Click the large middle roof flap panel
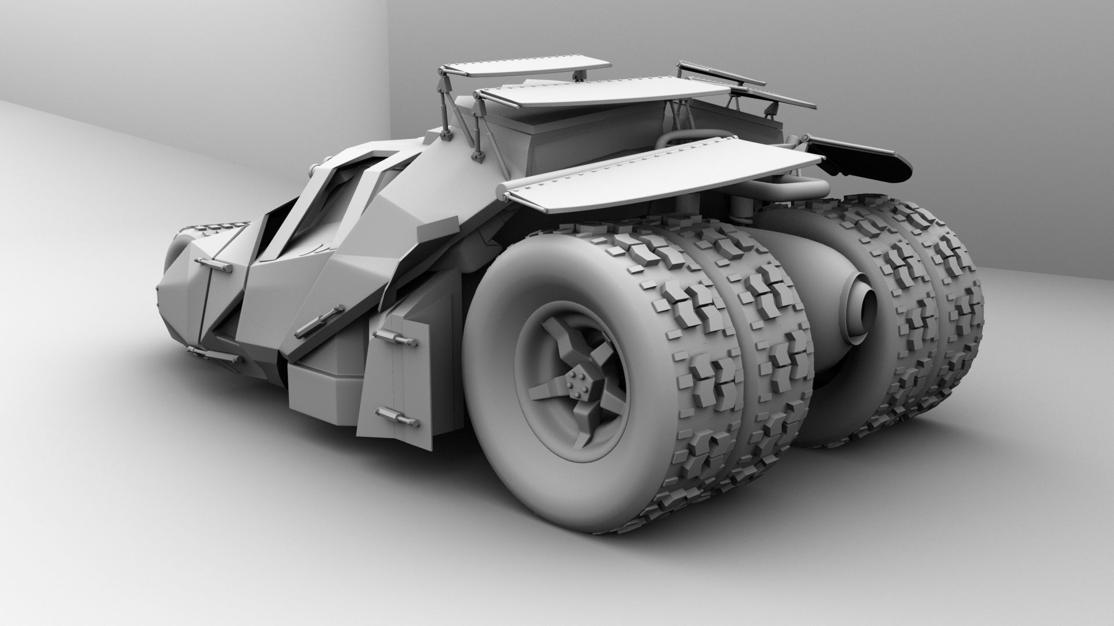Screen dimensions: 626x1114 point(598,93)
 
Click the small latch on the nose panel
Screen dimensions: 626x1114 point(213,265)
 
